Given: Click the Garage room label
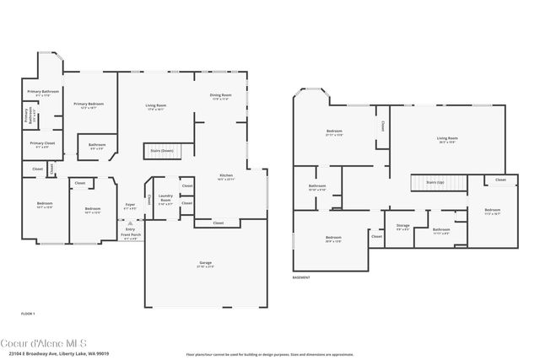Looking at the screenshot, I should (x=205, y=264).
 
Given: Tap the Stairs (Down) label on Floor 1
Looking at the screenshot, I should (x=161, y=152).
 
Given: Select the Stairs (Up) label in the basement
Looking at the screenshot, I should (x=435, y=182).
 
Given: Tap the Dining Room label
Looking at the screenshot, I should (x=221, y=96).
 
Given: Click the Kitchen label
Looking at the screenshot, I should (x=225, y=177).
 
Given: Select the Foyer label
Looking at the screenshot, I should (x=130, y=205).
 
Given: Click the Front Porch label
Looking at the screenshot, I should (x=130, y=237).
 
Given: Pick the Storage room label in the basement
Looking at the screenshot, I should (x=402, y=226).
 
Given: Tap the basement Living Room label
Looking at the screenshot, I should (x=446, y=139).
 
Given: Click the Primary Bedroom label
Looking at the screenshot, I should (x=87, y=105).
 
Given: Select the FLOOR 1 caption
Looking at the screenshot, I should (x=28, y=313).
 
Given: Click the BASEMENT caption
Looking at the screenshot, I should (x=301, y=277).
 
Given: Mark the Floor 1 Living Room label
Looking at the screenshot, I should (x=156, y=107).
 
